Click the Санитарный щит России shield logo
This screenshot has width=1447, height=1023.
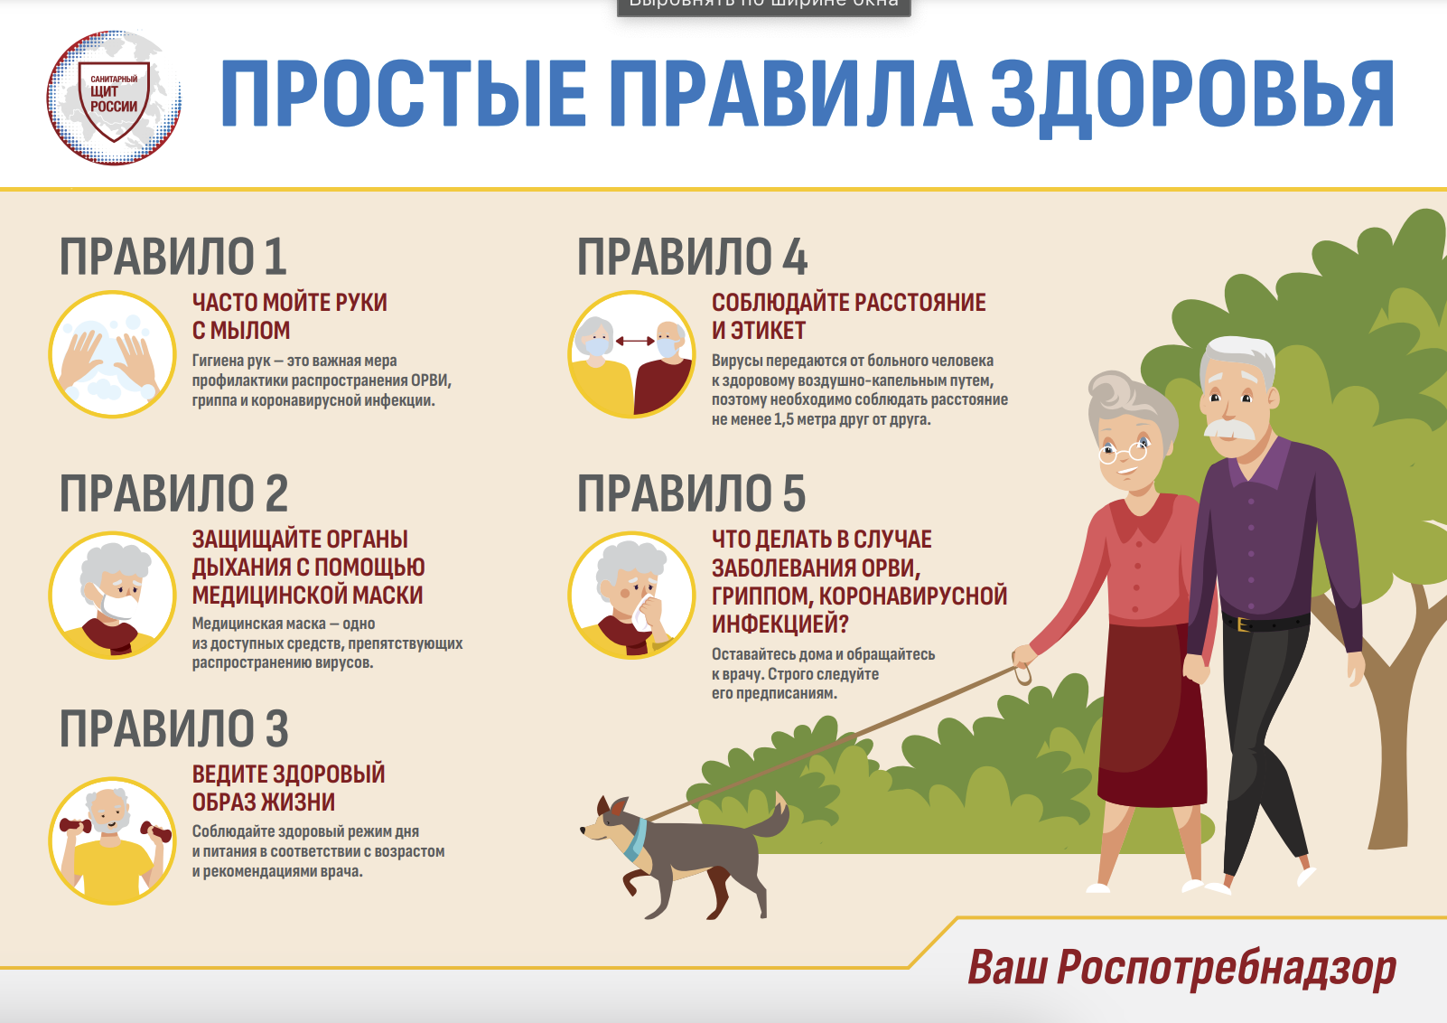(x=114, y=98)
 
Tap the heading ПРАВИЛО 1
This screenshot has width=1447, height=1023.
(x=173, y=257)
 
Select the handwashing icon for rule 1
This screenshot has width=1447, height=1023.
(x=112, y=354)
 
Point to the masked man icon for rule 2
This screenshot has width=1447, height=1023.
(x=112, y=596)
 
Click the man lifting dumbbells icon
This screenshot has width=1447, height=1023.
(x=112, y=840)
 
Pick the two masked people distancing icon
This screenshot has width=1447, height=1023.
(x=631, y=354)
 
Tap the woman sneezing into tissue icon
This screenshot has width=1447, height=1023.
(x=631, y=596)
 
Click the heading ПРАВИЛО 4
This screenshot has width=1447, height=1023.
(x=692, y=257)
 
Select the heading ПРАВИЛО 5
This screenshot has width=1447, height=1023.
(x=691, y=493)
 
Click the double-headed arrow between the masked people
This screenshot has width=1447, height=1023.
(x=634, y=341)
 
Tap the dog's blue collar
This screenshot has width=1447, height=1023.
(x=635, y=840)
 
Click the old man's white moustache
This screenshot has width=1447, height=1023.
(x=1229, y=430)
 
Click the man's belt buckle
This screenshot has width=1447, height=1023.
(x=1243, y=624)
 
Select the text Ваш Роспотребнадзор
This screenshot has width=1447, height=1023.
(x=1181, y=968)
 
